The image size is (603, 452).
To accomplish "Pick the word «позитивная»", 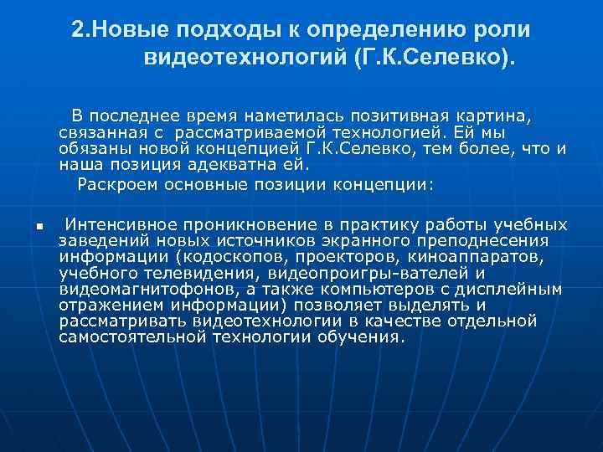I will (394, 114).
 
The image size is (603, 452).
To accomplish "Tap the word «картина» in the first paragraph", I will (495, 114).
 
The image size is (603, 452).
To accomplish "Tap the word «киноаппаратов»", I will (480, 256).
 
